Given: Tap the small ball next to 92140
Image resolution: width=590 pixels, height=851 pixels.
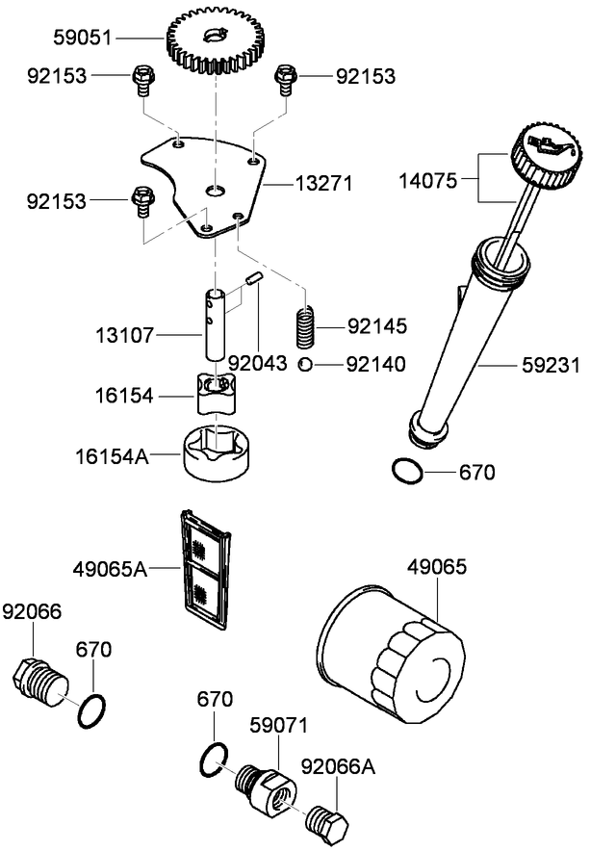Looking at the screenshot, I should [304, 363].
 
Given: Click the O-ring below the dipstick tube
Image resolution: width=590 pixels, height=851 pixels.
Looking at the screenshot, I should [407, 472].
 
